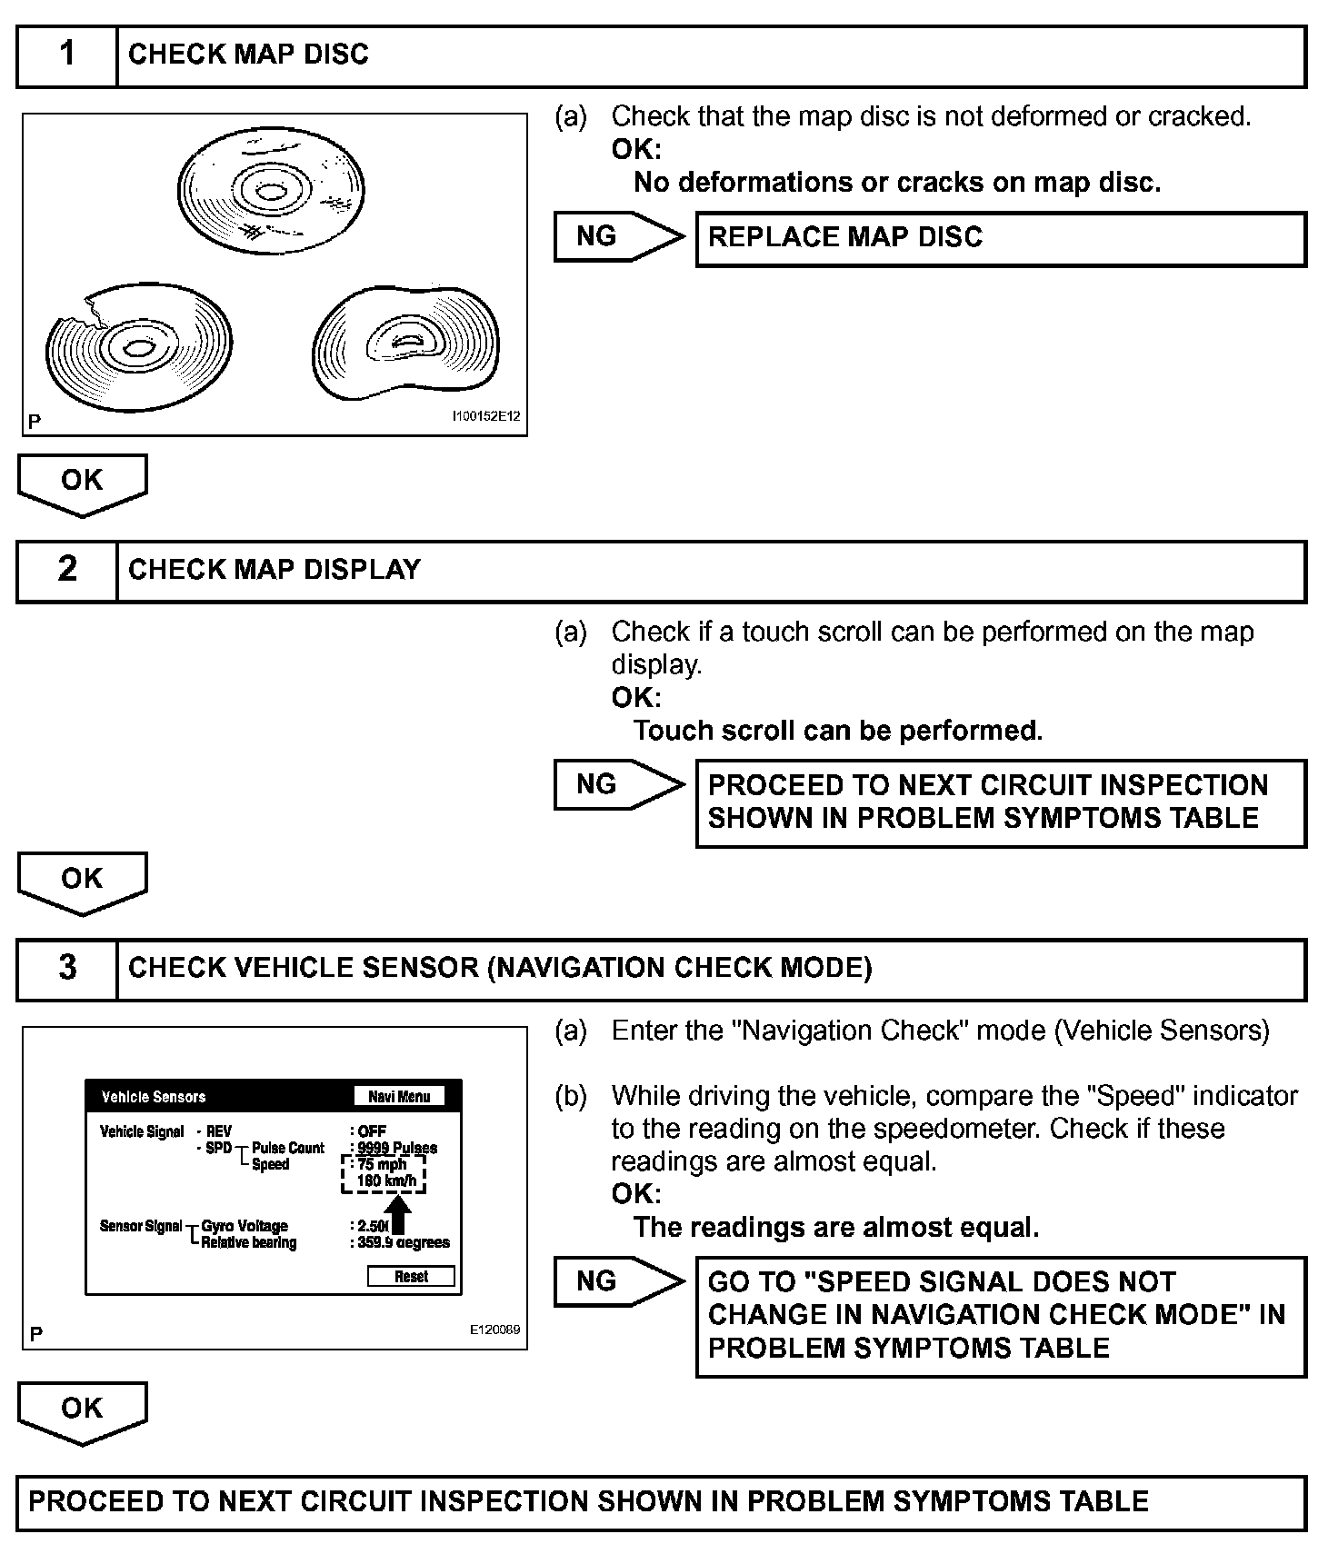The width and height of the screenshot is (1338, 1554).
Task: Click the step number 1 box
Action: [x=67, y=55]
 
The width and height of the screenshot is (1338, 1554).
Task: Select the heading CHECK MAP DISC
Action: [x=248, y=55]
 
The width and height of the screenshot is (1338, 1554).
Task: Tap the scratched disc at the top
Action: [x=270, y=193]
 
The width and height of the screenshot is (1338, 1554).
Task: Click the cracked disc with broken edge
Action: [x=138, y=347]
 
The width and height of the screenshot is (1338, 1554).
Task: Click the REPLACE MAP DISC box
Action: [x=1000, y=238]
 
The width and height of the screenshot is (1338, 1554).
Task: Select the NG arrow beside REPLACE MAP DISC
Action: [x=618, y=237]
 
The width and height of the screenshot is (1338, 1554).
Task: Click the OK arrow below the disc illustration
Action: [x=82, y=483]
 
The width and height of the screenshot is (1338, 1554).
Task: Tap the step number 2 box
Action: [x=67, y=570]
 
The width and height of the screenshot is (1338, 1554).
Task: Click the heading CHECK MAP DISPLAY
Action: [x=275, y=570]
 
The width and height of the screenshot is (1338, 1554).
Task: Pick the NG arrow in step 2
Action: [x=618, y=785]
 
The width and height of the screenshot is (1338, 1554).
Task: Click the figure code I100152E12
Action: [x=486, y=417]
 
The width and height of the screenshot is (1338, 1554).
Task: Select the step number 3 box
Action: [x=67, y=968]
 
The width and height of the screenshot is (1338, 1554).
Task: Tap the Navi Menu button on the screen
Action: [x=399, y=1097]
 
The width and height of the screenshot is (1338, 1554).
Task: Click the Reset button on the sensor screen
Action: [x=411, y=1277]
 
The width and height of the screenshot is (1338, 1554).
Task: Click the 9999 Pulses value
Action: [x=397, y=1148]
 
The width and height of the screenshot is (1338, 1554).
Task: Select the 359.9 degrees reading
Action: [x=404, y=1242]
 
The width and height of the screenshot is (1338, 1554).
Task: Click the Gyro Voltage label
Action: [x=245, y=1226]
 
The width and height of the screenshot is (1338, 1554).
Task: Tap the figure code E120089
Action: [x=494, y=1330]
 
